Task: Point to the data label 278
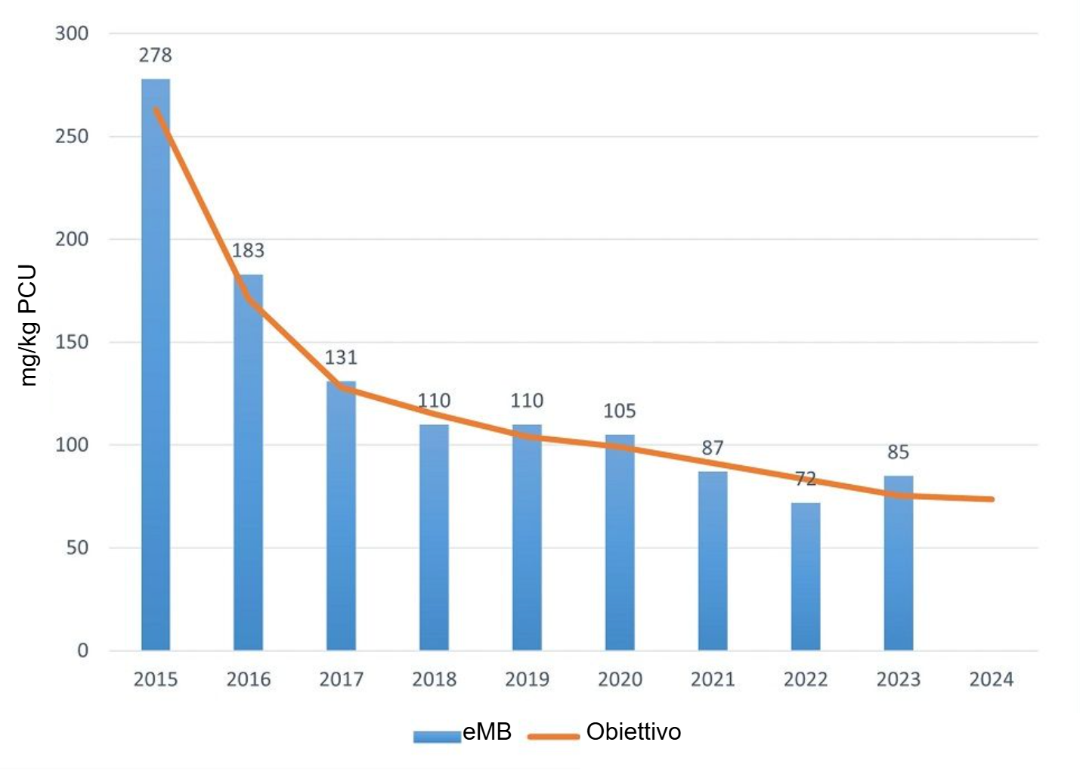click(155, 55)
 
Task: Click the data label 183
click(248, 250)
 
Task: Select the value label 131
click(341, 357)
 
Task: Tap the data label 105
click(620, 411)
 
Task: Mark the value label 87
click(713, 448)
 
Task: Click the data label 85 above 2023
click(898, 452)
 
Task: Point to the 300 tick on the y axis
click(72, 33)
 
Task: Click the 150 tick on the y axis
click(72, 342)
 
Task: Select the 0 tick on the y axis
click(82, 650)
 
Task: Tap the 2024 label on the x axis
click(991, 679)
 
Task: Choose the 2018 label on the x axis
click(434, 679)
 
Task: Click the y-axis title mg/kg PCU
click(28, 325)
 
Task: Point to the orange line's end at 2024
click(991, 499)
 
